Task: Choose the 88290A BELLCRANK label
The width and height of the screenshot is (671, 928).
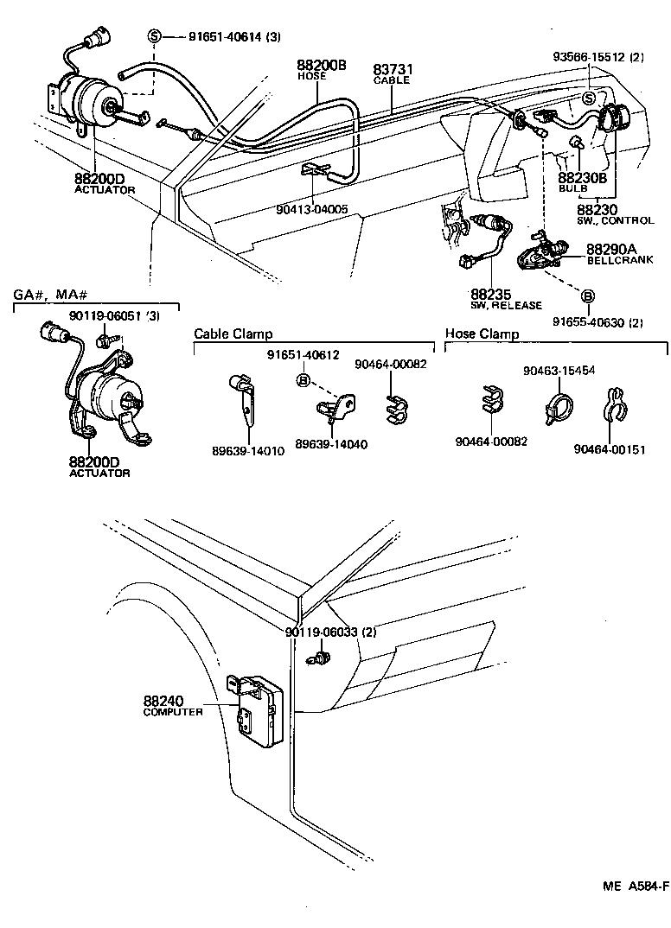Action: tap(612, 253)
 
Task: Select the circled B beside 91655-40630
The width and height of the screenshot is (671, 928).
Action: tap(587, 296)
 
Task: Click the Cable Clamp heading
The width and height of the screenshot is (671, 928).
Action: tap(233, 334)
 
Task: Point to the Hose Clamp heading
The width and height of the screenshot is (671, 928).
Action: tap(482, 334)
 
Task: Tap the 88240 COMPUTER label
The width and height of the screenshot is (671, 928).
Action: tap(174, 705)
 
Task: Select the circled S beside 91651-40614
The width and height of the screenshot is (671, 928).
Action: tap(154, 36)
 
